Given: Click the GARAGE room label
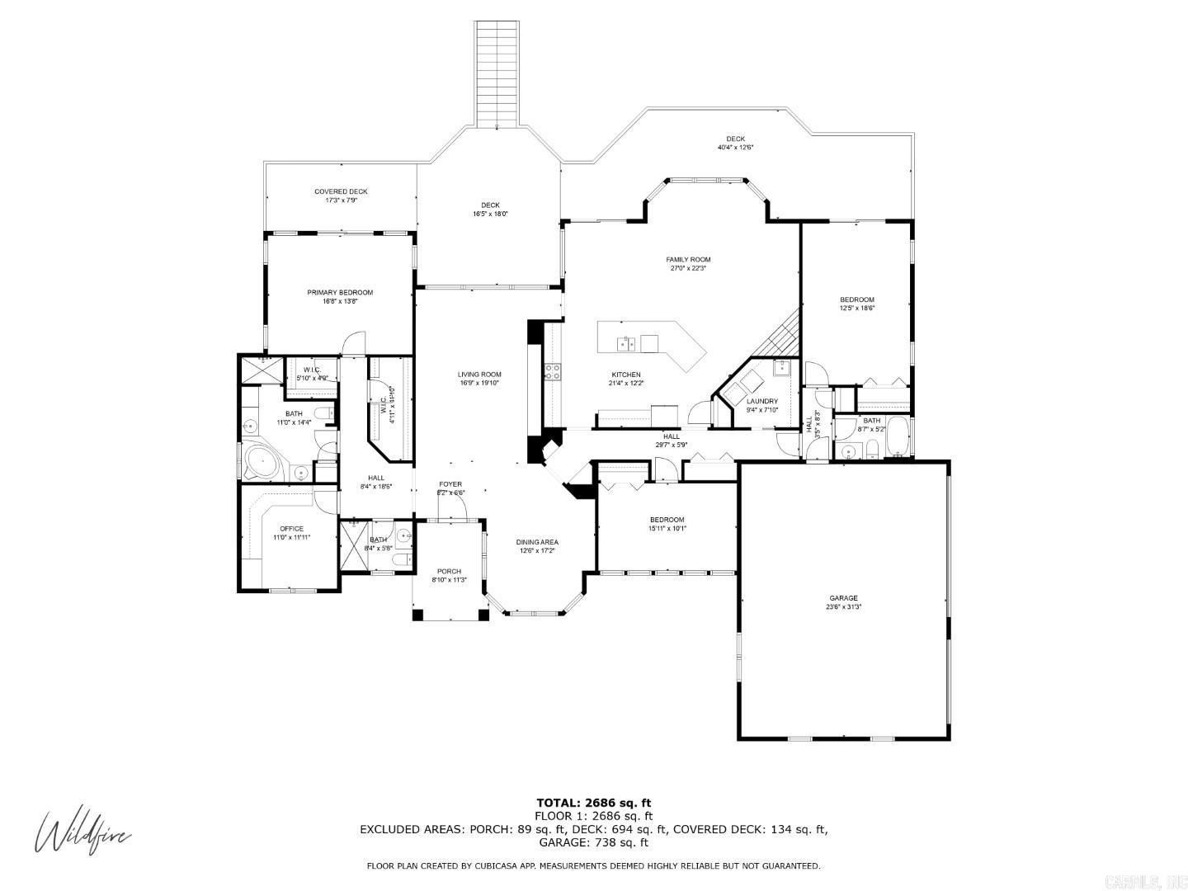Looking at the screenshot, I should point(843,598).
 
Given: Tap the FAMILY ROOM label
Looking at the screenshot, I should point(688,259).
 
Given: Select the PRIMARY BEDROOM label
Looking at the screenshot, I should point(340,292).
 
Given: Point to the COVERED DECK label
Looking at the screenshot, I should point(341,191).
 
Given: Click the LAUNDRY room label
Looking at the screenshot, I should point(761,401).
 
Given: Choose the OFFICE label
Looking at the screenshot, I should point(291,529).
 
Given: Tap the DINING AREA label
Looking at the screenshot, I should point(537,542).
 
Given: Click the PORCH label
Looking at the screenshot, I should point(449,571).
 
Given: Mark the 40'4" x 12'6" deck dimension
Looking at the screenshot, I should point(735,148).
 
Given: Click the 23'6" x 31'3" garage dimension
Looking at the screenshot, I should point(843,606).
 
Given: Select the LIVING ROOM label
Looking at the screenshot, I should point(479,374).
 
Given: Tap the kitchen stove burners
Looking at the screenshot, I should point(552,372).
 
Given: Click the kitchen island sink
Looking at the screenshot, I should point(627,343).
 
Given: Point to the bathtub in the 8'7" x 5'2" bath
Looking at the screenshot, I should point(898,437).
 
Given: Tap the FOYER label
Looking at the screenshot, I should point(450,484).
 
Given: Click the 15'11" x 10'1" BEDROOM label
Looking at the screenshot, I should point(667,520).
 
